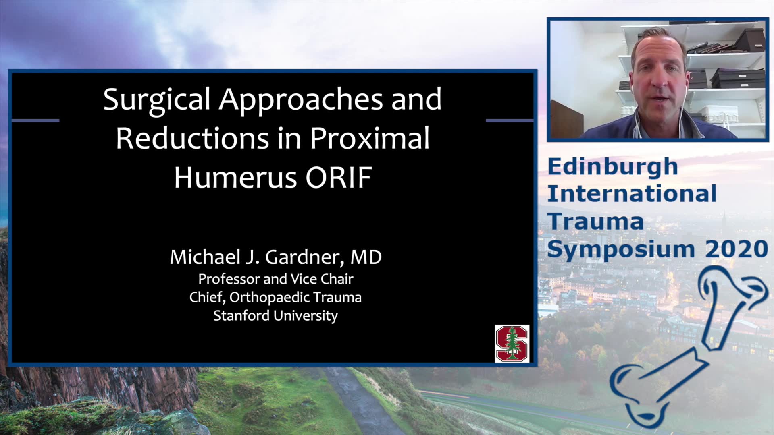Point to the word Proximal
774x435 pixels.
[370, 138]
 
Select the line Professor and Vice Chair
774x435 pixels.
[276, 279]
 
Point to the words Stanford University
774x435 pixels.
[276, 316]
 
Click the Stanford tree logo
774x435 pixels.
[512, 344]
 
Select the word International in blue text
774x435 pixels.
[632, 194]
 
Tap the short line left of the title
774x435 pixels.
[35, 120]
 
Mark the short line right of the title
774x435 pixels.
[510, 120]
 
